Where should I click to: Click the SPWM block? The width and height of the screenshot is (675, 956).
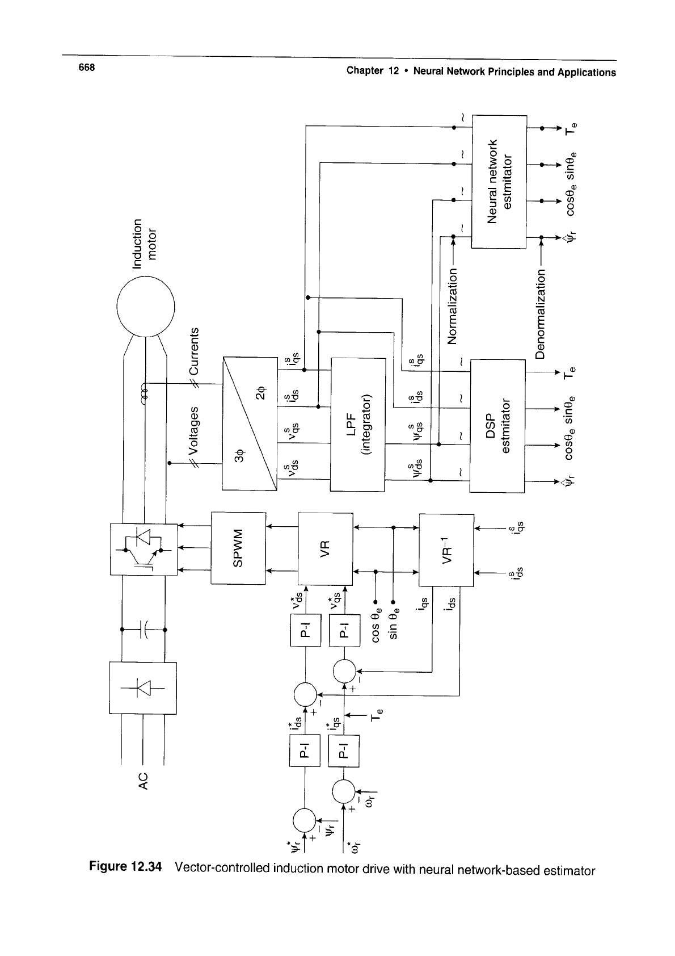click(x=238, y=548)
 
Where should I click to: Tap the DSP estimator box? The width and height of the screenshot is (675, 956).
click(x=497, y=425)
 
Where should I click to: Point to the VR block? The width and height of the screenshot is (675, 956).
click(x=325, y=548)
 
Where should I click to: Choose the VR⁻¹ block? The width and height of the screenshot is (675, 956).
click(x=446, y=550)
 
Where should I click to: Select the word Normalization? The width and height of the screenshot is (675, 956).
click(x=452, y=307)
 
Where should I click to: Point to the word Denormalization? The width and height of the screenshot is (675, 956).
click(x=540, y=315)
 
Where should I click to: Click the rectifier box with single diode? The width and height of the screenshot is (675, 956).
click(x=144, y=687)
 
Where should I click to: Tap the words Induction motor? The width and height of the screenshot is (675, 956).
click(x=144, y=239)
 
